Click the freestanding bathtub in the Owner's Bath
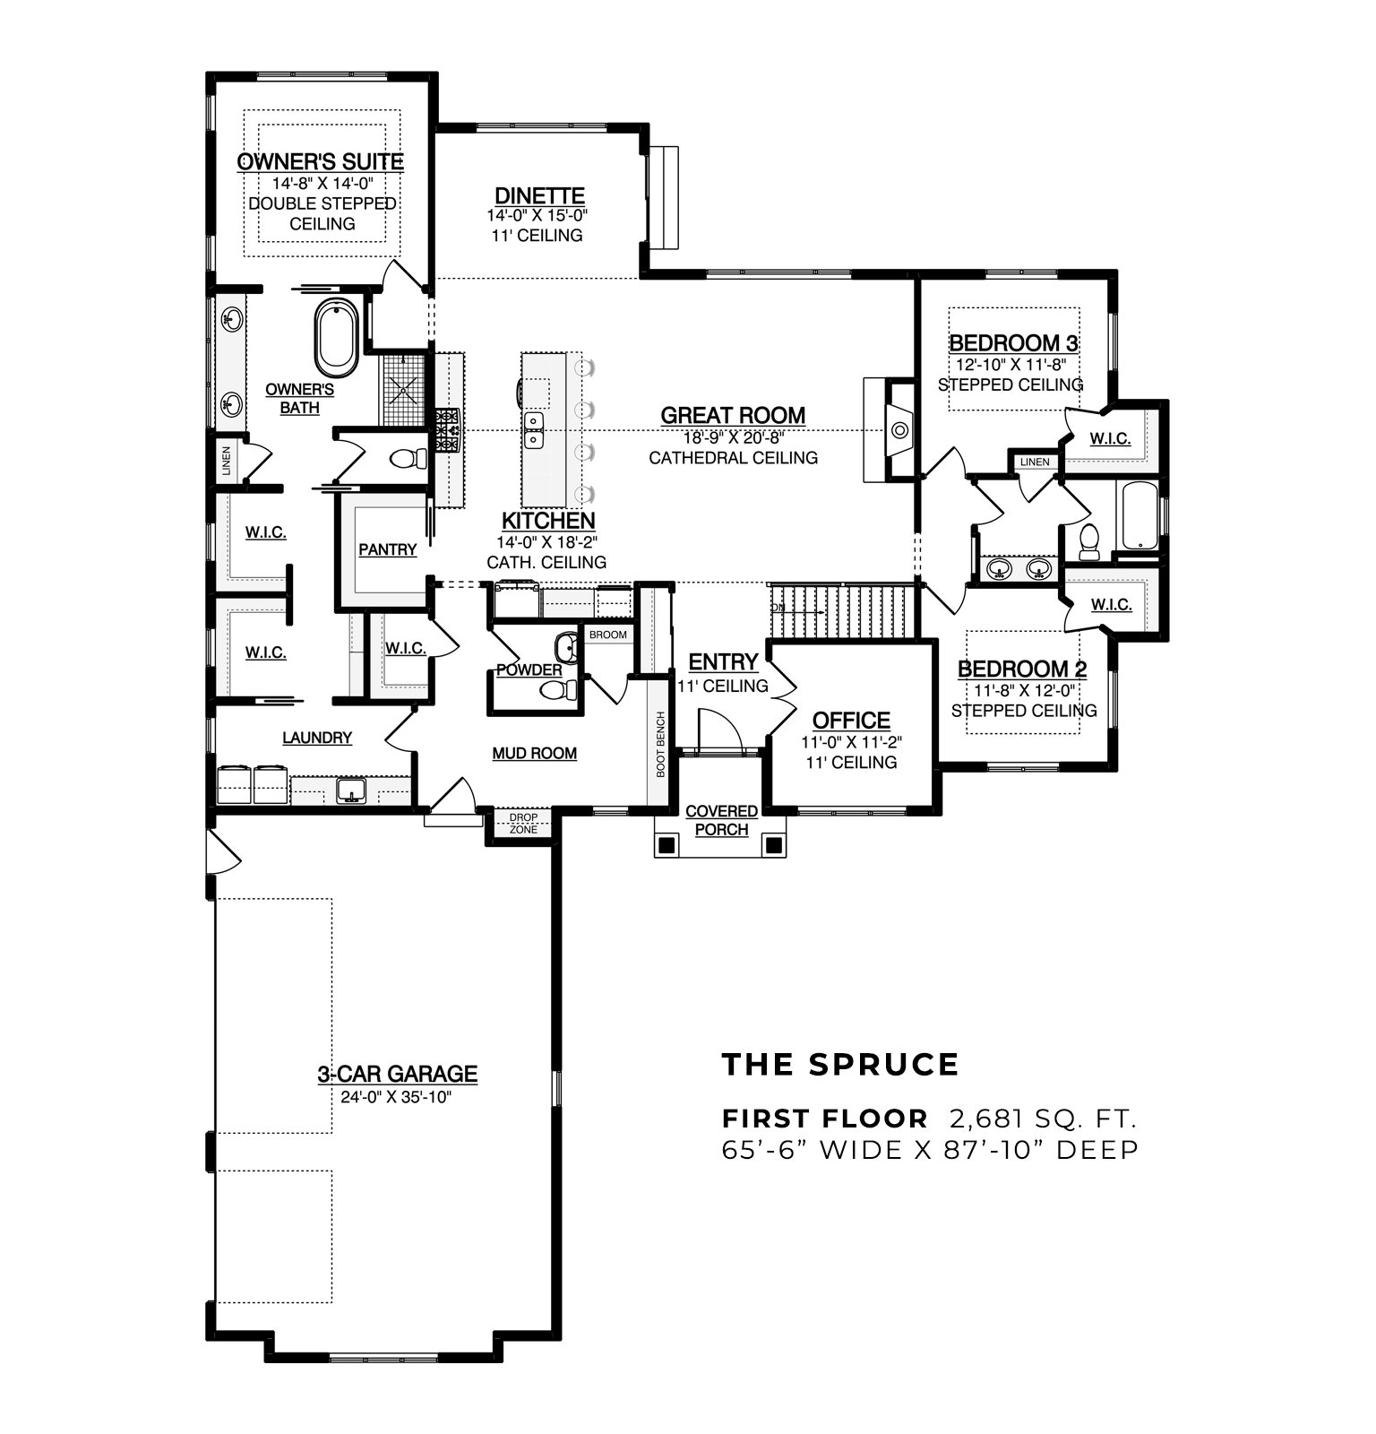coord(337,338)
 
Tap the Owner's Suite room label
coord(321,162)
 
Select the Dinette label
coord(539,195)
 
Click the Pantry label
coord(388,549)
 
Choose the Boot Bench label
coord(661,744)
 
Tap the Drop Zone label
coord(523,824)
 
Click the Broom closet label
coord(608,635)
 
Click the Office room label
coord(851,721)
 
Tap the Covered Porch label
coord(722,820)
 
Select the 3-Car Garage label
coord(397,1074)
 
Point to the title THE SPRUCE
coord(840,1065)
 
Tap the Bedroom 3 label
coord(1013,343)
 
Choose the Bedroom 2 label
coord(1022,669)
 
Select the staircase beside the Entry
coord(842,611)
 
